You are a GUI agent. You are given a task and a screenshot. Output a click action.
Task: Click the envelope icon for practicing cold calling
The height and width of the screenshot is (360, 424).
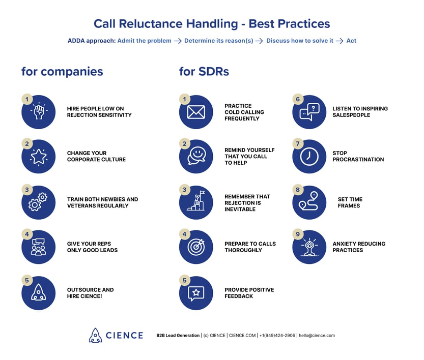click(x=196, y=112)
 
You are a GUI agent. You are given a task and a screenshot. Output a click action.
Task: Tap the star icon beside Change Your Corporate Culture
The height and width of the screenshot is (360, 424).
click(x=39, y=157)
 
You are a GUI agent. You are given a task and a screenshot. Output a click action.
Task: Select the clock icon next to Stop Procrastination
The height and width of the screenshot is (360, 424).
click(x=309, y=157)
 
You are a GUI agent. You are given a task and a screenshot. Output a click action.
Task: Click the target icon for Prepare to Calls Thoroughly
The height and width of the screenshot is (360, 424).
click(x=196, y=247)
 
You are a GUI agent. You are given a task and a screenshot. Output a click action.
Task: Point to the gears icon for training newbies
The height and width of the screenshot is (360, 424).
click(x=39, y=202)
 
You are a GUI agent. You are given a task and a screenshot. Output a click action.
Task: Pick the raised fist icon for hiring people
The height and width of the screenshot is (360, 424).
click(x=39, y=112)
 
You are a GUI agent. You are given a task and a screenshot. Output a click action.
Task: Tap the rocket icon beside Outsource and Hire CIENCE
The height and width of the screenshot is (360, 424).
click(x=39, y=293)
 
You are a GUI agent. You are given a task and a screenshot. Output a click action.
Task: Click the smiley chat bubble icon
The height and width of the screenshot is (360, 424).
click(x=196, y=157)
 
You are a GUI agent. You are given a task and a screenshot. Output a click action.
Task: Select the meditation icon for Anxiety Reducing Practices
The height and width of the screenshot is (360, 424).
click(x=309, y=247)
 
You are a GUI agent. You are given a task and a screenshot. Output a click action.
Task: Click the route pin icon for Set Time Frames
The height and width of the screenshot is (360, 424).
click(x=309, y=202)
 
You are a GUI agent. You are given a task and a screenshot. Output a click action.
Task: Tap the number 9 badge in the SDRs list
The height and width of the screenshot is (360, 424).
click(x=298, y=234)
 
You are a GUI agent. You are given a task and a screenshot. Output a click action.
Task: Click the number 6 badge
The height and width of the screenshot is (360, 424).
click(x=298, y=99)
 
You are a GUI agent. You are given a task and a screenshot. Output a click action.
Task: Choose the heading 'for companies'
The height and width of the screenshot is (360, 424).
click(x=62, y=72)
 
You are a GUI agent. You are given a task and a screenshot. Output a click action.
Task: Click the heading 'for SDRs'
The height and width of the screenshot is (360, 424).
click(x=204, y=72)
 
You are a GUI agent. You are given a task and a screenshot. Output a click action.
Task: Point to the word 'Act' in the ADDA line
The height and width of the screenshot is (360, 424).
click(x=351, y=41)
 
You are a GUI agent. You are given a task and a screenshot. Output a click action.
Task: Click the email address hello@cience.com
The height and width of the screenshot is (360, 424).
click(x=317, y=336)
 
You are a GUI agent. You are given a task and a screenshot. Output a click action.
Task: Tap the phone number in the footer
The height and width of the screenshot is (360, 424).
click(x=277, y=336)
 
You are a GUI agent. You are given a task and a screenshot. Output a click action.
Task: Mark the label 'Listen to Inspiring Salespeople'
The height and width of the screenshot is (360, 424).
click(x=360, y=112)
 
